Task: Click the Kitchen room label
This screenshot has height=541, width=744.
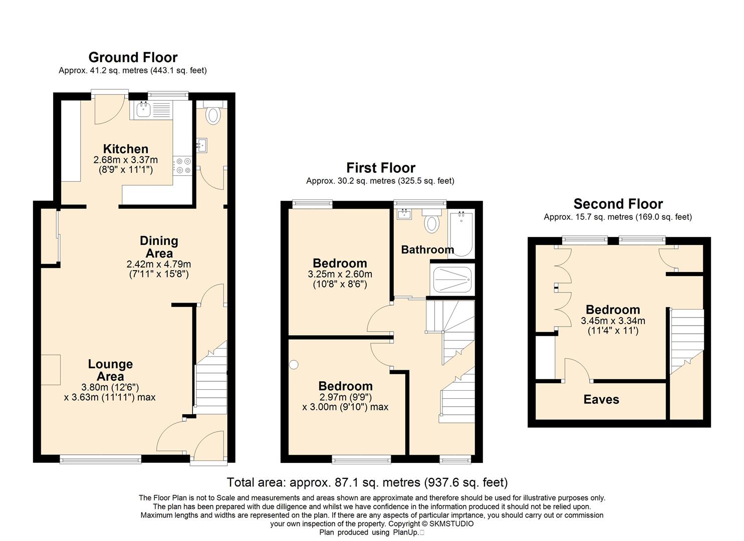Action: coord(126,149)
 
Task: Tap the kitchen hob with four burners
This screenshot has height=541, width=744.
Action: coord(183,165)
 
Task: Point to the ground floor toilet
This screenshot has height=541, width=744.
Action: coord(212,113)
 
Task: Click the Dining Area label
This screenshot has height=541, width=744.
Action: coord(159,247)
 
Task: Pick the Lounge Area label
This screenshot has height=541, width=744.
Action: coord(110,370)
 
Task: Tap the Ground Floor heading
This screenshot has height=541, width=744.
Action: coord(133,58)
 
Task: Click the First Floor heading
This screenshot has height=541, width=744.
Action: coord(381,168)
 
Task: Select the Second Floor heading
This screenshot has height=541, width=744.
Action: coord(618,203)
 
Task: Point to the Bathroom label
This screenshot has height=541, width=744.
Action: coord(427,249)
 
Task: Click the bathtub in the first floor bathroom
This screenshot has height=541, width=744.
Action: coord(461,234)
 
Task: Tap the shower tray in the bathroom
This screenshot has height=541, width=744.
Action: coord(452,280)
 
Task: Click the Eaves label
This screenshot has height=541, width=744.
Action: coord(601,399)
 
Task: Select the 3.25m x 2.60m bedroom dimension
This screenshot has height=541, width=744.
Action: coord(340,275)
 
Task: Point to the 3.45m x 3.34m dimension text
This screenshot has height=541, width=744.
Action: coord(613,321)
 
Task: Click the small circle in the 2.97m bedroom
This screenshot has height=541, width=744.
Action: coord(294,365)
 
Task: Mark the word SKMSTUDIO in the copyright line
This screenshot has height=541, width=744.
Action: coord(451,524)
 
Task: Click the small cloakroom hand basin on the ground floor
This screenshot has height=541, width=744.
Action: coord(201,145)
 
